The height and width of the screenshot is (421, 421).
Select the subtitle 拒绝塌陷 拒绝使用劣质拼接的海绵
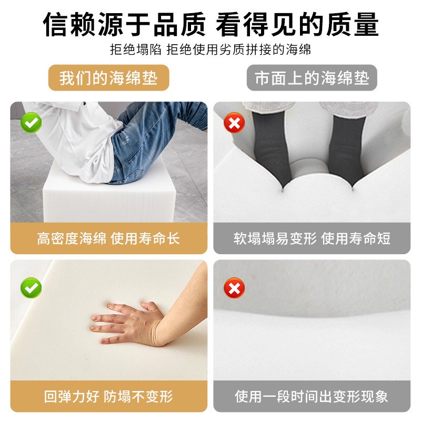[x=210, y=50]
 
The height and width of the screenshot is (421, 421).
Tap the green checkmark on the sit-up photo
[x=31, y=124]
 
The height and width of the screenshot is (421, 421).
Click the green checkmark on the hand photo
[x=31, y=288]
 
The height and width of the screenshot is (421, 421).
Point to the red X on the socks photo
[x=234, y=124]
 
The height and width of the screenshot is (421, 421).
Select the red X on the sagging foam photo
[x=234, y=288]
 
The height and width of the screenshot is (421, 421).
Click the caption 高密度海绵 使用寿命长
[x=108, y=238]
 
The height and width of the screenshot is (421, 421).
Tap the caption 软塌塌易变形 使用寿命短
[x=312, y=238]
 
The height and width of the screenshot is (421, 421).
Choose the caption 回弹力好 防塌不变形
[x=108, y=396]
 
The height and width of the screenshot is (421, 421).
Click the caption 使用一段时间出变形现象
[x=312, y=396]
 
